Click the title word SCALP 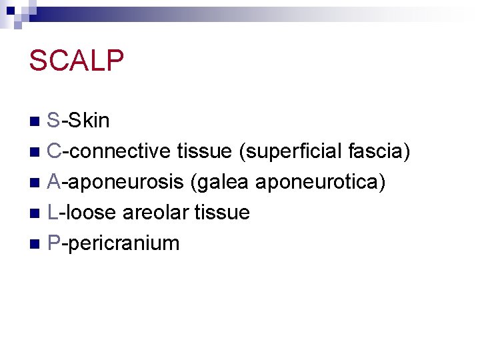tap(77, 61)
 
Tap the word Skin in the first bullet tap(89, 121)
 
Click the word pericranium tap(124, 243)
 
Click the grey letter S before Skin tap(54, 121)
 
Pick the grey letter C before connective tap(55, 151)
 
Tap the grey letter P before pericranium tap(54, 243)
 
